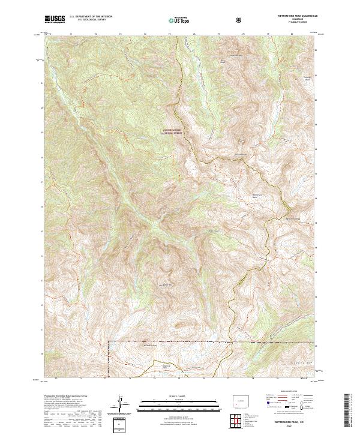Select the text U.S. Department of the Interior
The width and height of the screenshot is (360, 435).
click(x=91, y=17)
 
